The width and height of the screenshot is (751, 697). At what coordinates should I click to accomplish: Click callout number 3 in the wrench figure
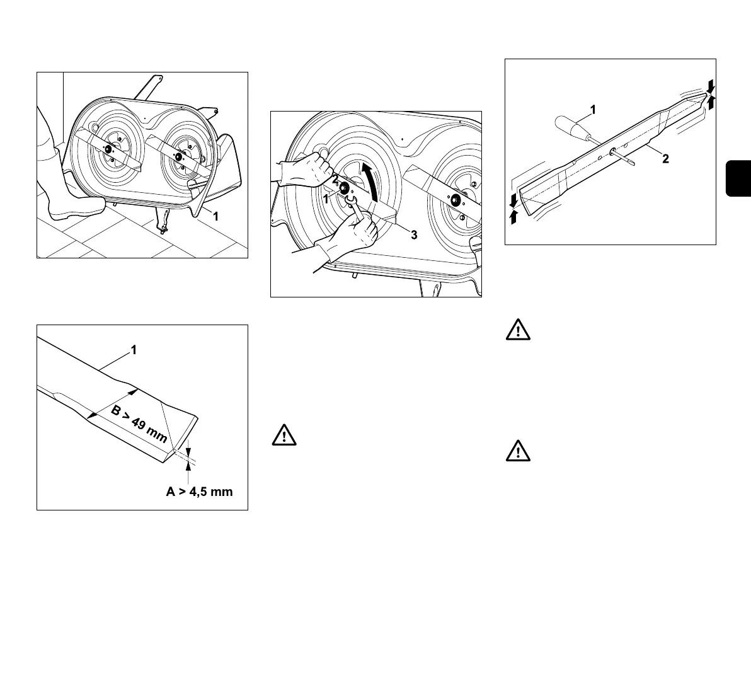coord(413,235)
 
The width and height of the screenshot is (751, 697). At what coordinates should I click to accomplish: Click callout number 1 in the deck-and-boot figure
coord(215,216)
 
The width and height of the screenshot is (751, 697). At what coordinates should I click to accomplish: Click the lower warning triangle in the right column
coord(518,452)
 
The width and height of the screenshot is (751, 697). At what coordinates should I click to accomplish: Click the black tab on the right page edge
coord(738,178)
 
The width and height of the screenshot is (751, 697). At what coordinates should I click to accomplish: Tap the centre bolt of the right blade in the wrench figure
coord(454,200)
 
